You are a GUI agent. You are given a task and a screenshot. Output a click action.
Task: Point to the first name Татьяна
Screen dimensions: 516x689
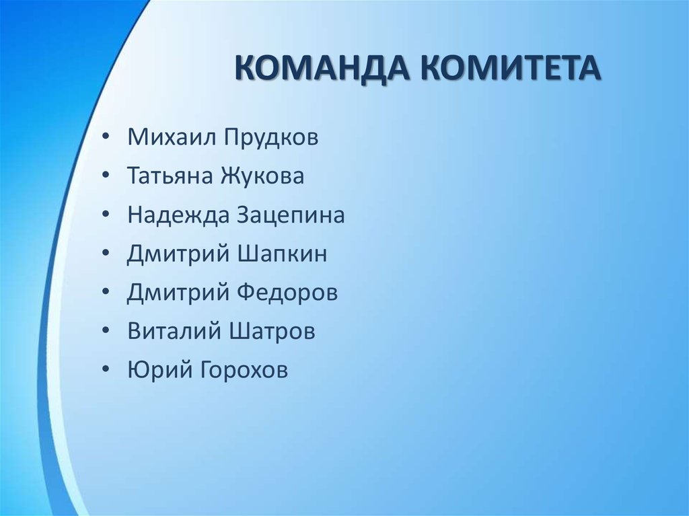click(171, 176)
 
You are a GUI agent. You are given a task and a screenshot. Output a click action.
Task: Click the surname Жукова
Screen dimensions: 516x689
click(263, 176)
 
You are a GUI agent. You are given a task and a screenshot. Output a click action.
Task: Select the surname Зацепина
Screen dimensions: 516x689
click(291, 215)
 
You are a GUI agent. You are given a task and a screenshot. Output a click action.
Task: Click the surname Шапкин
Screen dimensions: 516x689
click(283, 254)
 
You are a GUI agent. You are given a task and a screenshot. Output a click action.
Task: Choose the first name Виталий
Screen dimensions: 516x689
click(174, 332)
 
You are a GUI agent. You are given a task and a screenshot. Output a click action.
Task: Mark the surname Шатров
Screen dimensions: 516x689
click(273, 332)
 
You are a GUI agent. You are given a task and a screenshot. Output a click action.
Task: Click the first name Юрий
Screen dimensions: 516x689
click(153, 371)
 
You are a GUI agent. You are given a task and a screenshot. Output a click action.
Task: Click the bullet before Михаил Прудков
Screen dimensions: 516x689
click(108, 138)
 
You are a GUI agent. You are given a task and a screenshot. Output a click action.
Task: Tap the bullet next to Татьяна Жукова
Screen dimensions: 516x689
click(108, 176)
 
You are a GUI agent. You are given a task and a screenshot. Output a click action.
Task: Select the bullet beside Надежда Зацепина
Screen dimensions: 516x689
click(108, 215)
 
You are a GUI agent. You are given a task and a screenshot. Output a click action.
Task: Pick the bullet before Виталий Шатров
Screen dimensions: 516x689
click(108, 332)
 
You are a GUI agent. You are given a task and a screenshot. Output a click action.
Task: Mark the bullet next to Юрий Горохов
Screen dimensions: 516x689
click(108, 371)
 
